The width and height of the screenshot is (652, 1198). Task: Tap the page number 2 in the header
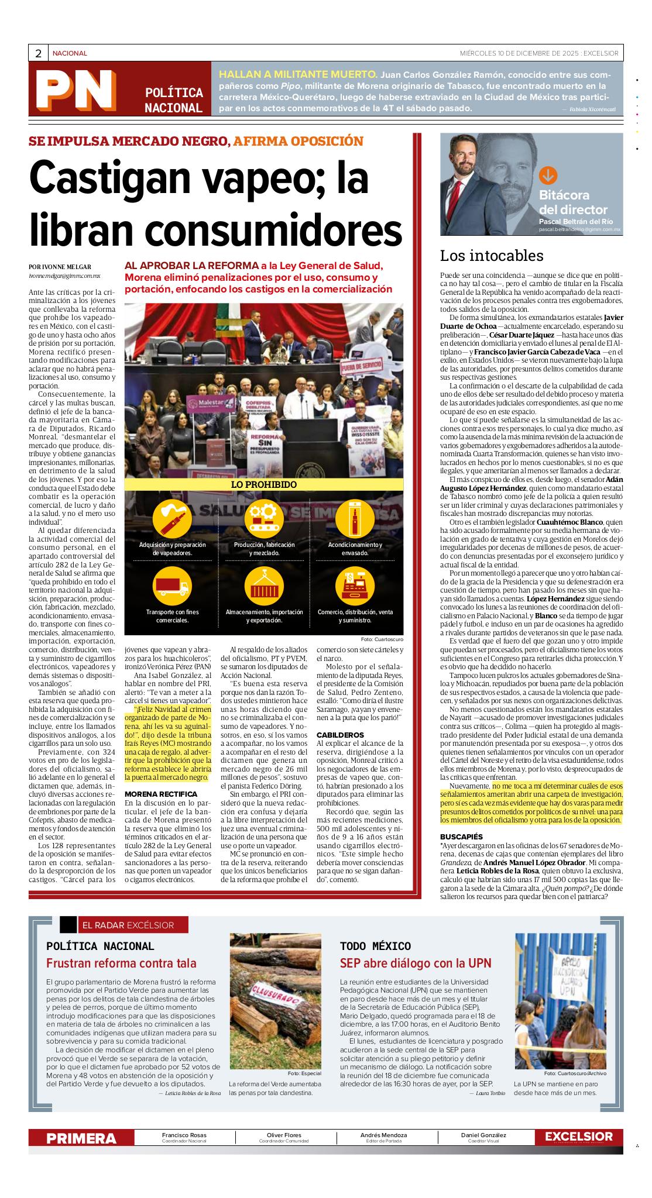[38, 53]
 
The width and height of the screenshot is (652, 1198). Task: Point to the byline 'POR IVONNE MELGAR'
[60, 267]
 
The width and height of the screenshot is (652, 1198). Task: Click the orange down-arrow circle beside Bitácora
[548, 175]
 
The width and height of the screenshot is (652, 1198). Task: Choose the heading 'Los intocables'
[491, 256]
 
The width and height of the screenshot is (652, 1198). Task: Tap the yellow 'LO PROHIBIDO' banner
[263, 484]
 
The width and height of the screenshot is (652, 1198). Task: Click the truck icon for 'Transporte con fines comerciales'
[171, 585]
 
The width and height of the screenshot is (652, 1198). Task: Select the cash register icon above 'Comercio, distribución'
[355, 585]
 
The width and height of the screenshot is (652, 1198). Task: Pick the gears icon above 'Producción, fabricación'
[263, 518]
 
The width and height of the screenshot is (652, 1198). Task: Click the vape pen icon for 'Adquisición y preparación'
[171, 518]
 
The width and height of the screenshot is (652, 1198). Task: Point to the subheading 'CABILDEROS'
[340, 735]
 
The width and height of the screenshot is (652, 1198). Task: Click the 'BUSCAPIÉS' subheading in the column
[461, 837]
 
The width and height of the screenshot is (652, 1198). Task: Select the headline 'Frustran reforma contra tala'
[121, 963]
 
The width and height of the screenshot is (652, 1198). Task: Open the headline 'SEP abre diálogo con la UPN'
[416, 963]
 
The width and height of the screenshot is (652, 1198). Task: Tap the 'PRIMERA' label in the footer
[81, 1138]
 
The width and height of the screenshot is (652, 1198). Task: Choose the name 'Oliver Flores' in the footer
[284, 1135]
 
